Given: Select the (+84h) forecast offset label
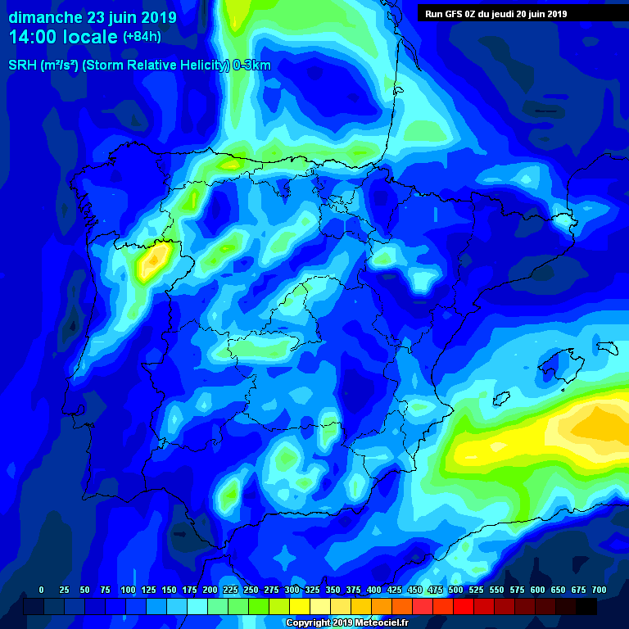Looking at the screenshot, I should pos(142,37).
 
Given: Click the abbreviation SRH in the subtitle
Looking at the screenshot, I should pos(21,66).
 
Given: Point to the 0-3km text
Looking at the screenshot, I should pos(251,66).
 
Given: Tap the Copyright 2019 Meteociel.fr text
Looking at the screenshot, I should pos(347,622).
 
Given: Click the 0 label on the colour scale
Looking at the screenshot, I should pos(42,590).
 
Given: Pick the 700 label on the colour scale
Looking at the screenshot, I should pos(599,590).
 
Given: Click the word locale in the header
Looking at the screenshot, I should pos(89,37).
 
